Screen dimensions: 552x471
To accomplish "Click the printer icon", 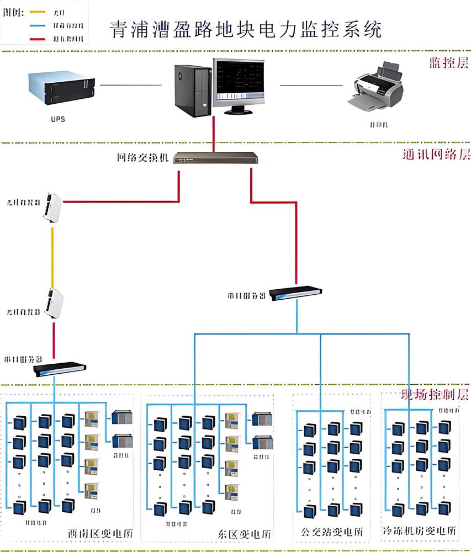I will (379, 86).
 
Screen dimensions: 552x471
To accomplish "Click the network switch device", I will (215, 158).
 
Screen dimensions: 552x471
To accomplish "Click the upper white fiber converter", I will (53, 207).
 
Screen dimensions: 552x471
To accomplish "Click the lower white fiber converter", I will (54, 303).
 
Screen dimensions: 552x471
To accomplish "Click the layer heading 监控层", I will (448, 63).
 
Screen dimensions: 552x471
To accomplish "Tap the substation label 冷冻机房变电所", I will (420, 531).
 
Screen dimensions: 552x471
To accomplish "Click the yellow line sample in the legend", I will (37, 12).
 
